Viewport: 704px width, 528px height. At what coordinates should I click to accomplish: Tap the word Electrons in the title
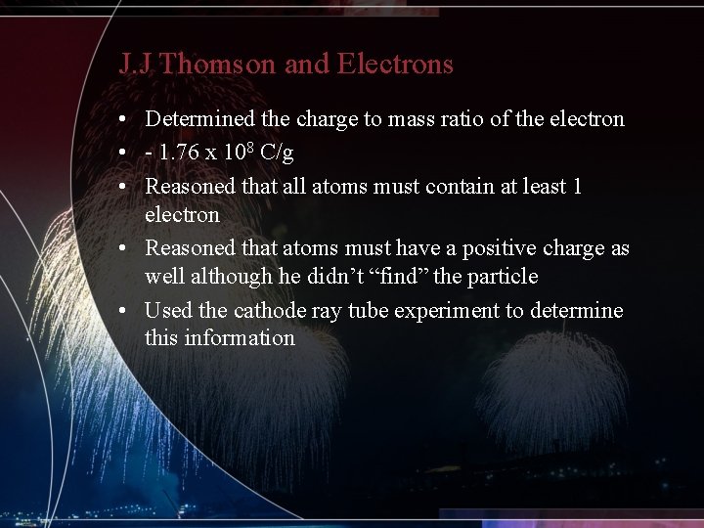(395, 65)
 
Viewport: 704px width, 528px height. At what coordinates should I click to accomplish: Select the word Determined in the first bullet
(200, 119)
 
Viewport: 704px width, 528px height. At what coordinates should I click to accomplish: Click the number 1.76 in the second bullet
(178, 153)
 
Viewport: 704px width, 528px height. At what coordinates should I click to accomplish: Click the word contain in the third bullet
(412, 186)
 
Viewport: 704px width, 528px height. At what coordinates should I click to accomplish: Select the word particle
(502, 277)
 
